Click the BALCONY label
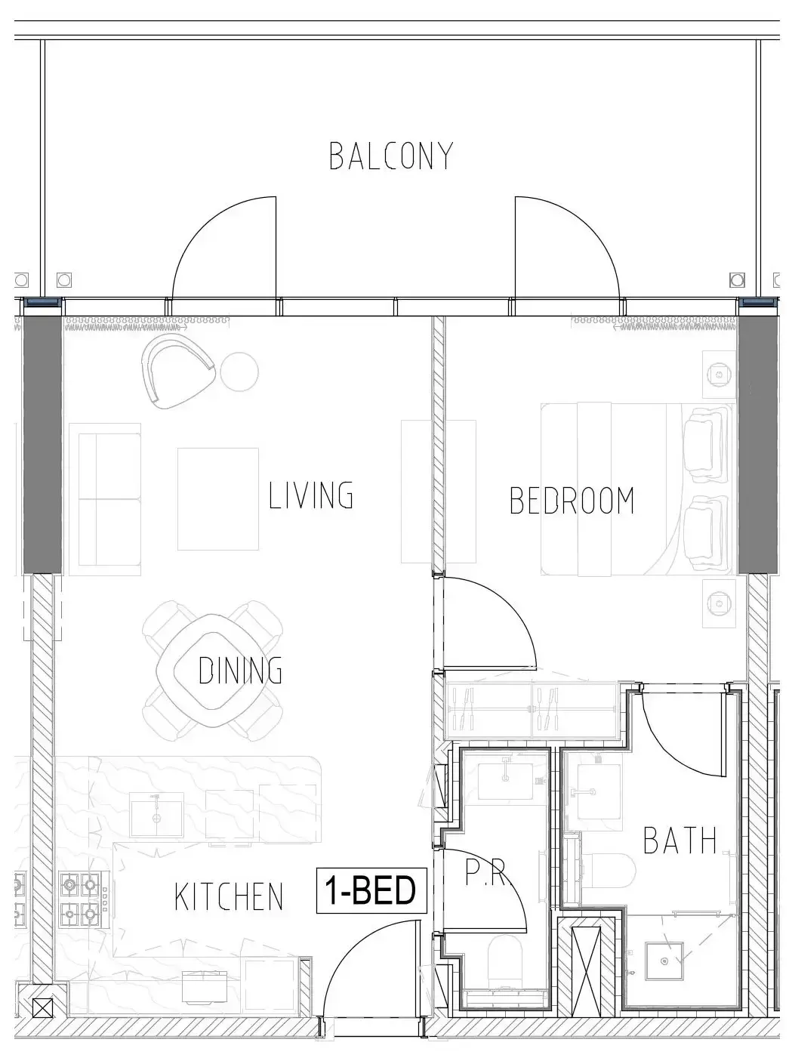[x=391, y=156]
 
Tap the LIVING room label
[x=311, y=495]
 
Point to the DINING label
[x=240, y=670]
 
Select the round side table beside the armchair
[x=239, y=372]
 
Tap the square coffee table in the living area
[x=218, y=499]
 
